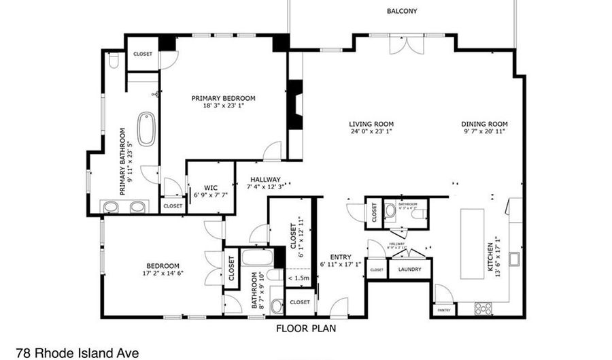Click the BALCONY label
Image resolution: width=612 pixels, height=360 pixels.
[401, 11]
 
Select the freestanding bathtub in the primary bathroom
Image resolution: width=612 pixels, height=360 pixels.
[146, 129]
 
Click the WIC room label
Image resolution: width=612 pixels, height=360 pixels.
[210, 189]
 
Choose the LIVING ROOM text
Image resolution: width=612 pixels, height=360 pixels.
[371, 124]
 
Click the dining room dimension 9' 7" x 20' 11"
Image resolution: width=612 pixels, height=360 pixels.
[486, 131]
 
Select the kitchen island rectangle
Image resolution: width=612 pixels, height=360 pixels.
[472, 243]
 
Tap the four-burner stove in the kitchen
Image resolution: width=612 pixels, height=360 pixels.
[483, 308]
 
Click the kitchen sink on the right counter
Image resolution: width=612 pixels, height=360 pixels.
[515, 259]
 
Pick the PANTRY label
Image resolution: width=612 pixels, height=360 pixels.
[444, 310]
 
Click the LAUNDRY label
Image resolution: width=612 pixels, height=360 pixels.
[410, 269]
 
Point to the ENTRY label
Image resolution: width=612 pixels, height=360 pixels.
[340, 257]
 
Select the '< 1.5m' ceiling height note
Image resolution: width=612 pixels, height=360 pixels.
[299, 278]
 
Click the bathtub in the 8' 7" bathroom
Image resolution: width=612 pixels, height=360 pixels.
[258, 259]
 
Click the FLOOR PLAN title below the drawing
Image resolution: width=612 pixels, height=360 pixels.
[305, 329]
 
